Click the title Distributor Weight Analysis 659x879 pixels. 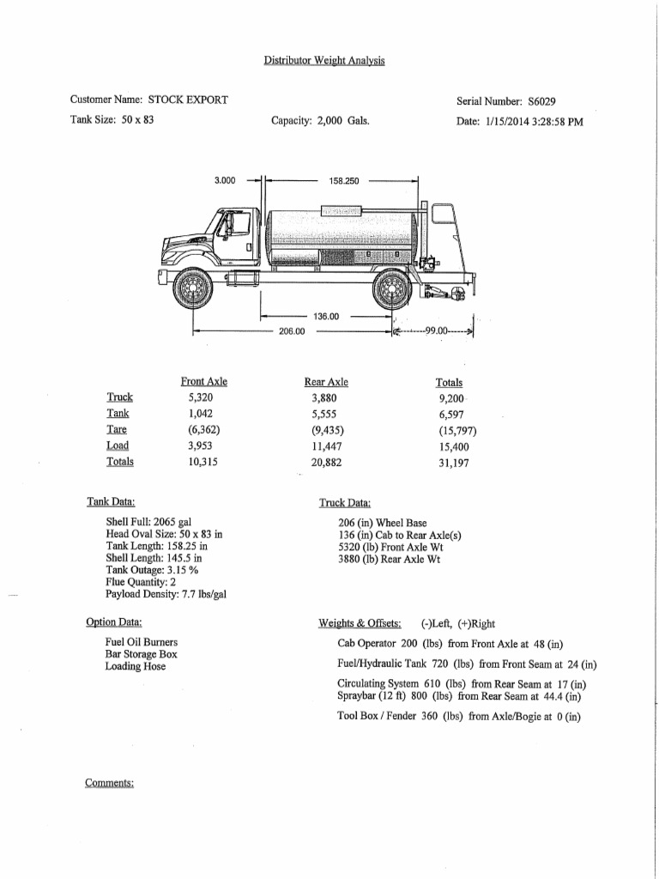click(323, 60)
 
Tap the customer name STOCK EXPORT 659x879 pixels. click(188, 100)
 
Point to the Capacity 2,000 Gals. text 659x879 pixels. click(320, 121)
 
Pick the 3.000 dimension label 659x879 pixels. click(225, 181)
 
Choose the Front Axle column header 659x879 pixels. click(203, 382)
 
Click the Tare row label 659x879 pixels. click(117, 429)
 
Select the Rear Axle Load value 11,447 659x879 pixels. click(326, 446)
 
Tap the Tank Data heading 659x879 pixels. click(111, 501)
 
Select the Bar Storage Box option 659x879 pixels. click(141, 654)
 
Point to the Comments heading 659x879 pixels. click(110, 783)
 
